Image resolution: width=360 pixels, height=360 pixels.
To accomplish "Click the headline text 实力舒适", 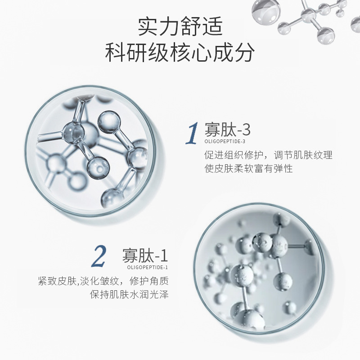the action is (x=180, y=27).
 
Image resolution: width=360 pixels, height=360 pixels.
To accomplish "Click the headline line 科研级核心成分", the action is (x=180, y=52).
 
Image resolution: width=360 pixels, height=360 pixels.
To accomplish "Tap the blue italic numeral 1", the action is (x=192, y=133).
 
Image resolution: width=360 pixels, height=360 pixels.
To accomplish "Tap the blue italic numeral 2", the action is (x=99, y=256).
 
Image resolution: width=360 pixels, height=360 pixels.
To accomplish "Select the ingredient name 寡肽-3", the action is (x=227, y=130).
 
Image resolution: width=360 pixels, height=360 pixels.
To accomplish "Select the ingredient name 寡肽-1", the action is (x=145, y=256).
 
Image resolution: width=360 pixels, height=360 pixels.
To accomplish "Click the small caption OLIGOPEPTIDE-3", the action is (x=225, y=141).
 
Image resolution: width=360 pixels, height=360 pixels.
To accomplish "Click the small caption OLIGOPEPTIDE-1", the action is (x=148, y=267).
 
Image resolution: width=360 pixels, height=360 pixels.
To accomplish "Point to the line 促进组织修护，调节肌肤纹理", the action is (x=268, y=155).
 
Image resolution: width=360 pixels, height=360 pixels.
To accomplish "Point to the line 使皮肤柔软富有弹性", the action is (x=249, y=169).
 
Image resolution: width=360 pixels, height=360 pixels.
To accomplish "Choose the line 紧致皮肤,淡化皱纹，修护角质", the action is (x=103, y=281).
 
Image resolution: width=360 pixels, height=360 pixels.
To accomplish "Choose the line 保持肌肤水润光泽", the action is (x=129, y=295).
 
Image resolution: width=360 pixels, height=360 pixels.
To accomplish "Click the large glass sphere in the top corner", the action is (x=266, y=10).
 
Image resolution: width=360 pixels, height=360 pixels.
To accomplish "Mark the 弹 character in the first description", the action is (x=278, y=169).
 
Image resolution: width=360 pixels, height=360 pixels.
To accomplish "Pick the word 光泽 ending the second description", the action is (x=159, y=295).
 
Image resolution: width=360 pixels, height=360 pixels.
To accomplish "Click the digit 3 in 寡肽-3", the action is (x=245, y=130).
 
